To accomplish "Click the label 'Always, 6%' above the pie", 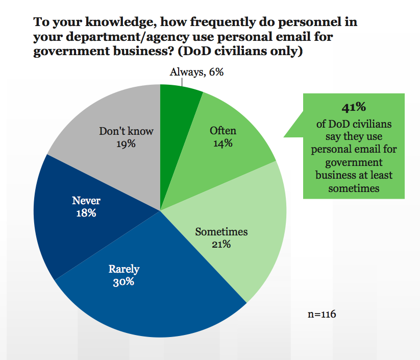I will [196, 72].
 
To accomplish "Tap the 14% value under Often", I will [223, 143].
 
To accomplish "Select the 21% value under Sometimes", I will [221, 245].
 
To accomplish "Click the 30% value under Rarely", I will [123, 281].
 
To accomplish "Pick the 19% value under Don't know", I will [126, 144].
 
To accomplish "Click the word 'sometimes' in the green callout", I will [354, 188].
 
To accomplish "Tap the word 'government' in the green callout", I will [354, 162].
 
